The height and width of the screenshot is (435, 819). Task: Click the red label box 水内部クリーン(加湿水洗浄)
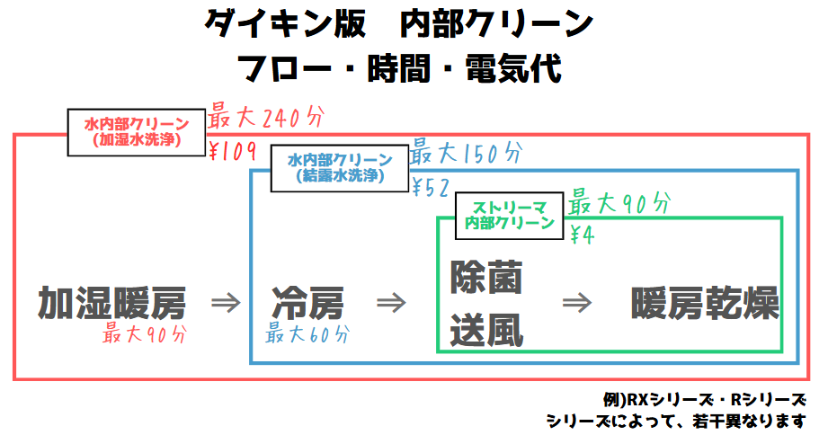click(137, 132)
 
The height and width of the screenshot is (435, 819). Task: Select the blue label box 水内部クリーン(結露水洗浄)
click(340, 168)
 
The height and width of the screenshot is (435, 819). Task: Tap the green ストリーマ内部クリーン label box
click(509, 216)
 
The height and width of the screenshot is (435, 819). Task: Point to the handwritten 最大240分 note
click(266, 118)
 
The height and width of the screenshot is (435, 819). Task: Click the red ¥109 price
click(233, 151)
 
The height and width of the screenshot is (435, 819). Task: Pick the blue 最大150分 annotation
click(466, 153)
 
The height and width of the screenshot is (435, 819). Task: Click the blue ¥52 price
click(431, 188)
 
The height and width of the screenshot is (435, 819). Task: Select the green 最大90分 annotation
click(619, 203)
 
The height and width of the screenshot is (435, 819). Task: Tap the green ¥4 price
click(582, 235)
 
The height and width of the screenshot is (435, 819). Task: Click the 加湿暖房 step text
click(111, 303)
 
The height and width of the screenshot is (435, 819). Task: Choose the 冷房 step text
click(307, 303)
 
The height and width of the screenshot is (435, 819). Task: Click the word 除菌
click(486, 277)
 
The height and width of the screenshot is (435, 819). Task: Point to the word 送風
click(486, 330)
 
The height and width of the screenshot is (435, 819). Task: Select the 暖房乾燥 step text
click(705, 303)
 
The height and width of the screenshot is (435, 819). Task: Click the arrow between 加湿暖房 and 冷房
click(226, 303)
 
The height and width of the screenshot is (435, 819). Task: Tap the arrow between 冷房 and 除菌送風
click(391, 303)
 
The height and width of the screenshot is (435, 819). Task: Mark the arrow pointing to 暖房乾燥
click(577, 303)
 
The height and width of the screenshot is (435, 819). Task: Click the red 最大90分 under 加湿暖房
click(145, 333)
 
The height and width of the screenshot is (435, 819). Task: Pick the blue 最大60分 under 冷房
click(307, 333)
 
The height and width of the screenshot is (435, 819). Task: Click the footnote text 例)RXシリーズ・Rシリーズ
click(704, 400)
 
